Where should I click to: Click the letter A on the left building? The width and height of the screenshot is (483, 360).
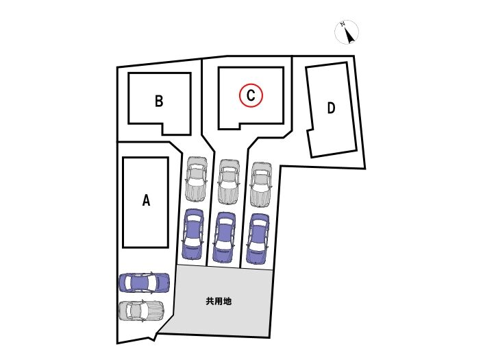point(145,200)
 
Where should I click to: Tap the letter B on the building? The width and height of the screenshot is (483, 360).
point(158,101)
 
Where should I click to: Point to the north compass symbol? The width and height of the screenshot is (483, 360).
point(349,32)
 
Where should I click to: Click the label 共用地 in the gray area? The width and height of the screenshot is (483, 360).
point(218,300)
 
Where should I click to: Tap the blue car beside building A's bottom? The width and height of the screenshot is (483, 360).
point(144,282)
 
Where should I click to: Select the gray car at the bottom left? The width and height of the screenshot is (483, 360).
point(142,311)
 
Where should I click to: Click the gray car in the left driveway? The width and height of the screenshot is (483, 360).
point(196,180)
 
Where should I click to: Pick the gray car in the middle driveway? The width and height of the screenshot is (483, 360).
point(228,182)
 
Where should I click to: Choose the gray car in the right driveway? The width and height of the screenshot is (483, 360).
point(260,184)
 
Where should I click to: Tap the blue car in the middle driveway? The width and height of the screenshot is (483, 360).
point(225,237)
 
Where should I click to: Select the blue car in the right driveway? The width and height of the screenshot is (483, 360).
point(258,239)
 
